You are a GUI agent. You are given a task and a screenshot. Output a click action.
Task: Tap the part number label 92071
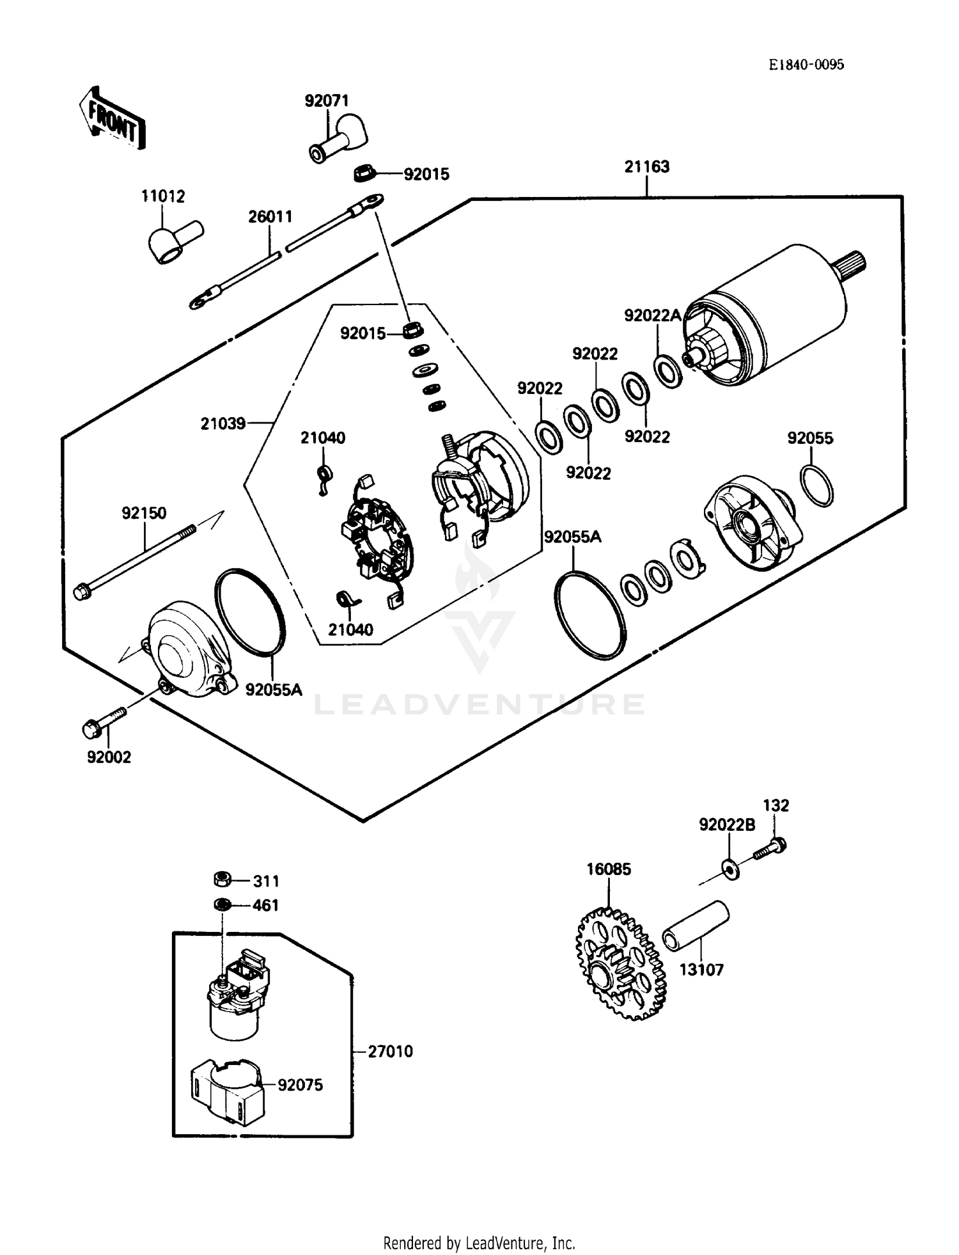[326, 100]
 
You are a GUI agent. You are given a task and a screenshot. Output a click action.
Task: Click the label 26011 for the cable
[270, 216]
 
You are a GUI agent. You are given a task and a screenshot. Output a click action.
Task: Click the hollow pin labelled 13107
[695, 926]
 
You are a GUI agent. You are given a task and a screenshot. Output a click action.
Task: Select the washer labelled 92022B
[731, 869]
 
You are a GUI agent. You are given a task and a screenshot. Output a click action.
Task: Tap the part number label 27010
[390, 1051]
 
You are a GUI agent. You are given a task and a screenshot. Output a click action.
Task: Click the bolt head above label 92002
[91, 728]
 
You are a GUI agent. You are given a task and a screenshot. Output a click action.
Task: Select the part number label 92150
[144, 513]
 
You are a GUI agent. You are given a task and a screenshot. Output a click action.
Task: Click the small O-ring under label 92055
[816, 487]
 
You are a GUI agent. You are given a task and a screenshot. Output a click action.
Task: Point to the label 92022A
[652, 315]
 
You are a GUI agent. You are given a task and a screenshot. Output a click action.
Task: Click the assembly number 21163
[646, 166]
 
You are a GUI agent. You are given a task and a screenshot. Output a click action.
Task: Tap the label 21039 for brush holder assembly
[222, 423]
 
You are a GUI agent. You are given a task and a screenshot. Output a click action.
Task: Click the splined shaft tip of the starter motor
[854, 260]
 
